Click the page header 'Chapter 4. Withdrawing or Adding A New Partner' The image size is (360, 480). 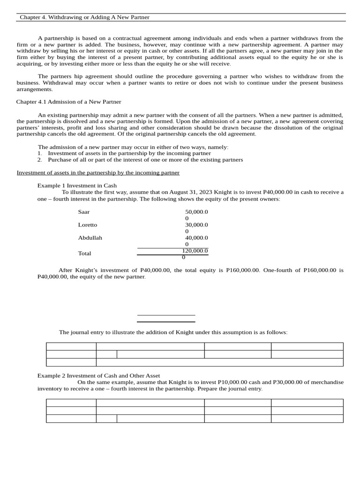[x=84, y=17]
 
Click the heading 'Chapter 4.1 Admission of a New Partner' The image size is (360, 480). [x=68, y=102]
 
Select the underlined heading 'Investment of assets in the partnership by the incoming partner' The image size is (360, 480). [x=98, y=172]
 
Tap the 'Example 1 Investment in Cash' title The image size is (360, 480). [x=77, y=186]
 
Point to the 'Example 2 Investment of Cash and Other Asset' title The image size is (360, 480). [x=98, y=375]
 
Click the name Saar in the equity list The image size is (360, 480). [x=84, y=212]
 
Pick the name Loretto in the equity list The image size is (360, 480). [x=88, y=225]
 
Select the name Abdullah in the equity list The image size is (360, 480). [x=90, y=238]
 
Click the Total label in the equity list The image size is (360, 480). [x=85, y=253]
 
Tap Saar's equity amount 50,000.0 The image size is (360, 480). [x=196, y=212]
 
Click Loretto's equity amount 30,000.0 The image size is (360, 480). [x=196, y=225]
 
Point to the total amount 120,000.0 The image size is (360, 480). [x=195, y=251]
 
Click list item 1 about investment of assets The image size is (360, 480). [x=129, y=153]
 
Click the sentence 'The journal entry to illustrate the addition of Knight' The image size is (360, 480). [x=173, y=332]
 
